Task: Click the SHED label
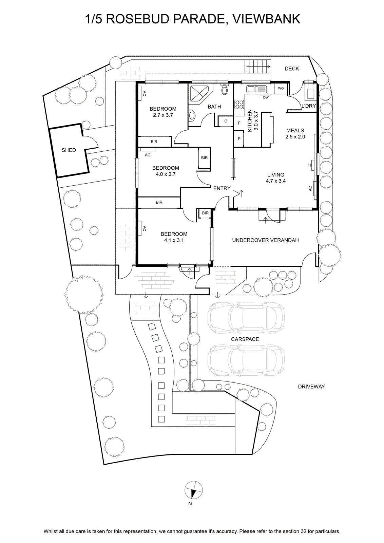click(x=69, y=150)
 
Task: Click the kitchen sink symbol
click(x=256, y=89)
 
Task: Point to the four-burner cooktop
click(x=239, y=104)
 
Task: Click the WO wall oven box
click(x=281, y=89)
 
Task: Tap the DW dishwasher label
click(x=266, y=97)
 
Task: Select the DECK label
click(x=292, y=69)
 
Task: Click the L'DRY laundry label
click(x=309, y=106)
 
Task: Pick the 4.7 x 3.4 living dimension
click(x=276, y=181)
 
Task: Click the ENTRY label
click(x=222, y=188)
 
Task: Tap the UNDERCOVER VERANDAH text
click(x=265, y=240)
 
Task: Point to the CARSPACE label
click(x=245, y=339)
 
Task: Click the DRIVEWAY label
click(x=311, y=387)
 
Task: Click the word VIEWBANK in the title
click(x=266, y=19)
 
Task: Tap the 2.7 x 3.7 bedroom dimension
click(x=163, y=115)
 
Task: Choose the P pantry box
click(x=239, y=139)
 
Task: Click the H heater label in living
click(x=310, y=165)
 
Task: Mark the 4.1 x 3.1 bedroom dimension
click(x=174, y=240)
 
